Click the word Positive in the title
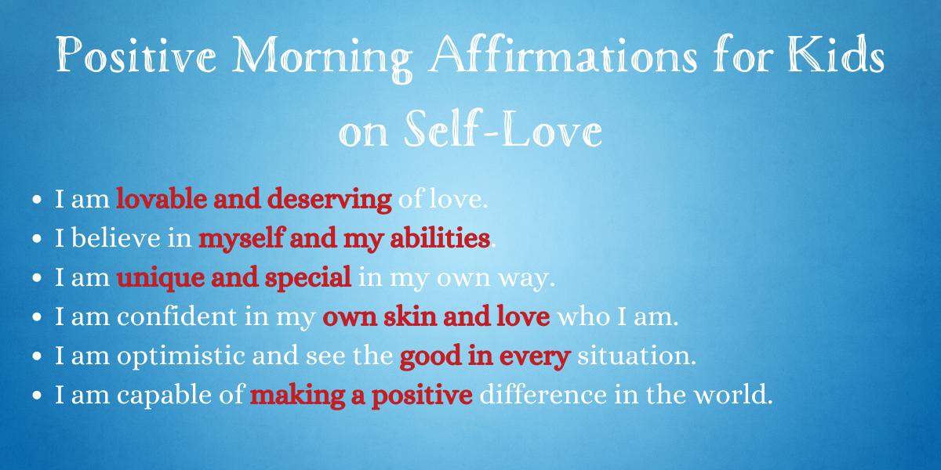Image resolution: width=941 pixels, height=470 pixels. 136,54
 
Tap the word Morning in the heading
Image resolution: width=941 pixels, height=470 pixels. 322,58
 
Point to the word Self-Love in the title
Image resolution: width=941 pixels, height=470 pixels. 503,128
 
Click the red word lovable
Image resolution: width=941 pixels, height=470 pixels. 162,198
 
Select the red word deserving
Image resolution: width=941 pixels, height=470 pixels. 329,200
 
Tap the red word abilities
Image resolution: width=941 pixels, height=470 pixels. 440,237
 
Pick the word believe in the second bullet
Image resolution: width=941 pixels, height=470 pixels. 116,237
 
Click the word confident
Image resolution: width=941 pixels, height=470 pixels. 177,316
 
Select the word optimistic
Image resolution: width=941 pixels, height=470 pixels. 181,356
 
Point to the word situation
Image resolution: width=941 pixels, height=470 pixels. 637,356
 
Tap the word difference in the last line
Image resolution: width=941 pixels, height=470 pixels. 543,395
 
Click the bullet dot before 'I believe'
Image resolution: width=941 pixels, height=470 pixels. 37,238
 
